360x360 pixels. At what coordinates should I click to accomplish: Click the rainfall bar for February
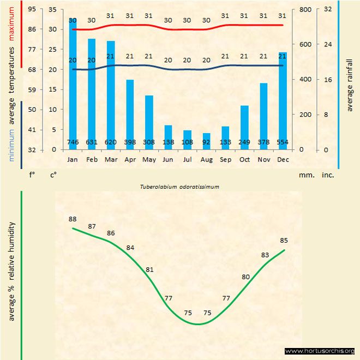[x=92, y=93]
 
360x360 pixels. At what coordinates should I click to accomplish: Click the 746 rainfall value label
[x=73, y=142]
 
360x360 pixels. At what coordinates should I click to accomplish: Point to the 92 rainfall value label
[x=206, y=142]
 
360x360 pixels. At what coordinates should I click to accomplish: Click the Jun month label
[x=168, y=159]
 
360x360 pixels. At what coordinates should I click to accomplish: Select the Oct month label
[x=244, y=159]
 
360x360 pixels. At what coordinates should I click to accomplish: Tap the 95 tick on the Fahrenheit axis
[x=32, y=9]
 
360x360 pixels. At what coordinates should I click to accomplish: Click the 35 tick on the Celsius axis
[x=52, y=9]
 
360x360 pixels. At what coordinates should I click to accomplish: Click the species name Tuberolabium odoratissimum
[x=180, y=187]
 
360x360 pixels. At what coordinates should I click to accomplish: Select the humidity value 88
[x=73, y=219]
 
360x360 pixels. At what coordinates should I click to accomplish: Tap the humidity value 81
[x=149, y=269]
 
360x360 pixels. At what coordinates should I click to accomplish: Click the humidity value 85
[x=284, y=240]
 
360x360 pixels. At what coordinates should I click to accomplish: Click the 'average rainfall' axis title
[x=350, y=85]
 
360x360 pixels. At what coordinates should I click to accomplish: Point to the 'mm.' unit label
[x=305, y=176]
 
